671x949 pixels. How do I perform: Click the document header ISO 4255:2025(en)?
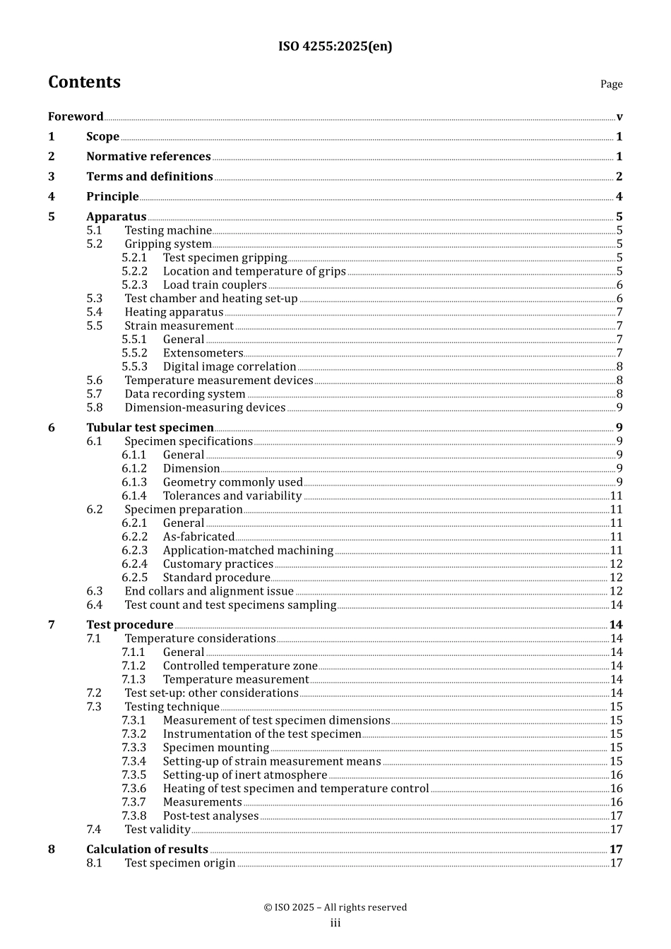335,47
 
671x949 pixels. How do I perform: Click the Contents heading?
84,83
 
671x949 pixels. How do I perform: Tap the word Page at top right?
611,84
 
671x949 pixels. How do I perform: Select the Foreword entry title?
76,117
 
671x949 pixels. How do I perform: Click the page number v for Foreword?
619,117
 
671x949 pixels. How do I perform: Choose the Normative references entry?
148,157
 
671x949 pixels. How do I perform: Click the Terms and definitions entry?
149,177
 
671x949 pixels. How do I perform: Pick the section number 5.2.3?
134,285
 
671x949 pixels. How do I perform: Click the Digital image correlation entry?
229,366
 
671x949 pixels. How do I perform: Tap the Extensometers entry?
203,353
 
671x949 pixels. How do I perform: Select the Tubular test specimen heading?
150,428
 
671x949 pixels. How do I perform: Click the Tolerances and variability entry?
232,496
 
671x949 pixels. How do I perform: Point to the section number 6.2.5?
134,578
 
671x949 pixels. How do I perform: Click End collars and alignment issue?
209,592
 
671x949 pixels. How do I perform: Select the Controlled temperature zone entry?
240,666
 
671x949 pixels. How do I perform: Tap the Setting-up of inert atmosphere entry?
244,775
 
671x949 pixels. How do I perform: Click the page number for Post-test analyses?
616,816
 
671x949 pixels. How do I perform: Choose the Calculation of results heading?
147,849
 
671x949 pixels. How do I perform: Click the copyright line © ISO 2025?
335,907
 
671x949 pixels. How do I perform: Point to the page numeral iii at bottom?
335,924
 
